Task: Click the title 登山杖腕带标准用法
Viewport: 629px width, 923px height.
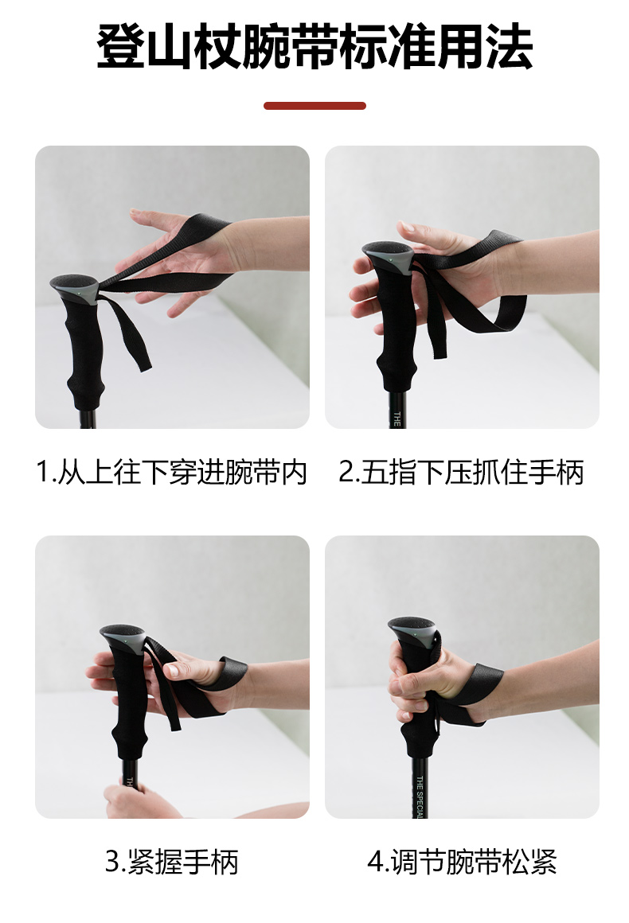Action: (x=314, y=47)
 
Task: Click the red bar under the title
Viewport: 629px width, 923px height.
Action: (x=314, y=106)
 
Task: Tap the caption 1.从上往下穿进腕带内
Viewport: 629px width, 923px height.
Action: (x=171, y=472)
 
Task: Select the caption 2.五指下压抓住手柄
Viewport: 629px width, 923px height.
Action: (x=461, y=472)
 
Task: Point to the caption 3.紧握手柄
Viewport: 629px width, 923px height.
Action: (x=171, y=862)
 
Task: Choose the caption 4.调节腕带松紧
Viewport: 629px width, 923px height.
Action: (x=462, y=862)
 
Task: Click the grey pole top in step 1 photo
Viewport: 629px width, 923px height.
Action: (x=75, y=288)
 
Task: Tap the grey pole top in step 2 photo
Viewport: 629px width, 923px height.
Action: (x=389, y=255)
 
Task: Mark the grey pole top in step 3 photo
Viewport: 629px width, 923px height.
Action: (x=123, y=638)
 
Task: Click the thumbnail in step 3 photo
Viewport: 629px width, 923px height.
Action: (x=172, y=669)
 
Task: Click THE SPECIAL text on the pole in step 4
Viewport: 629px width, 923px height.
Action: (x=420, y=796)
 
